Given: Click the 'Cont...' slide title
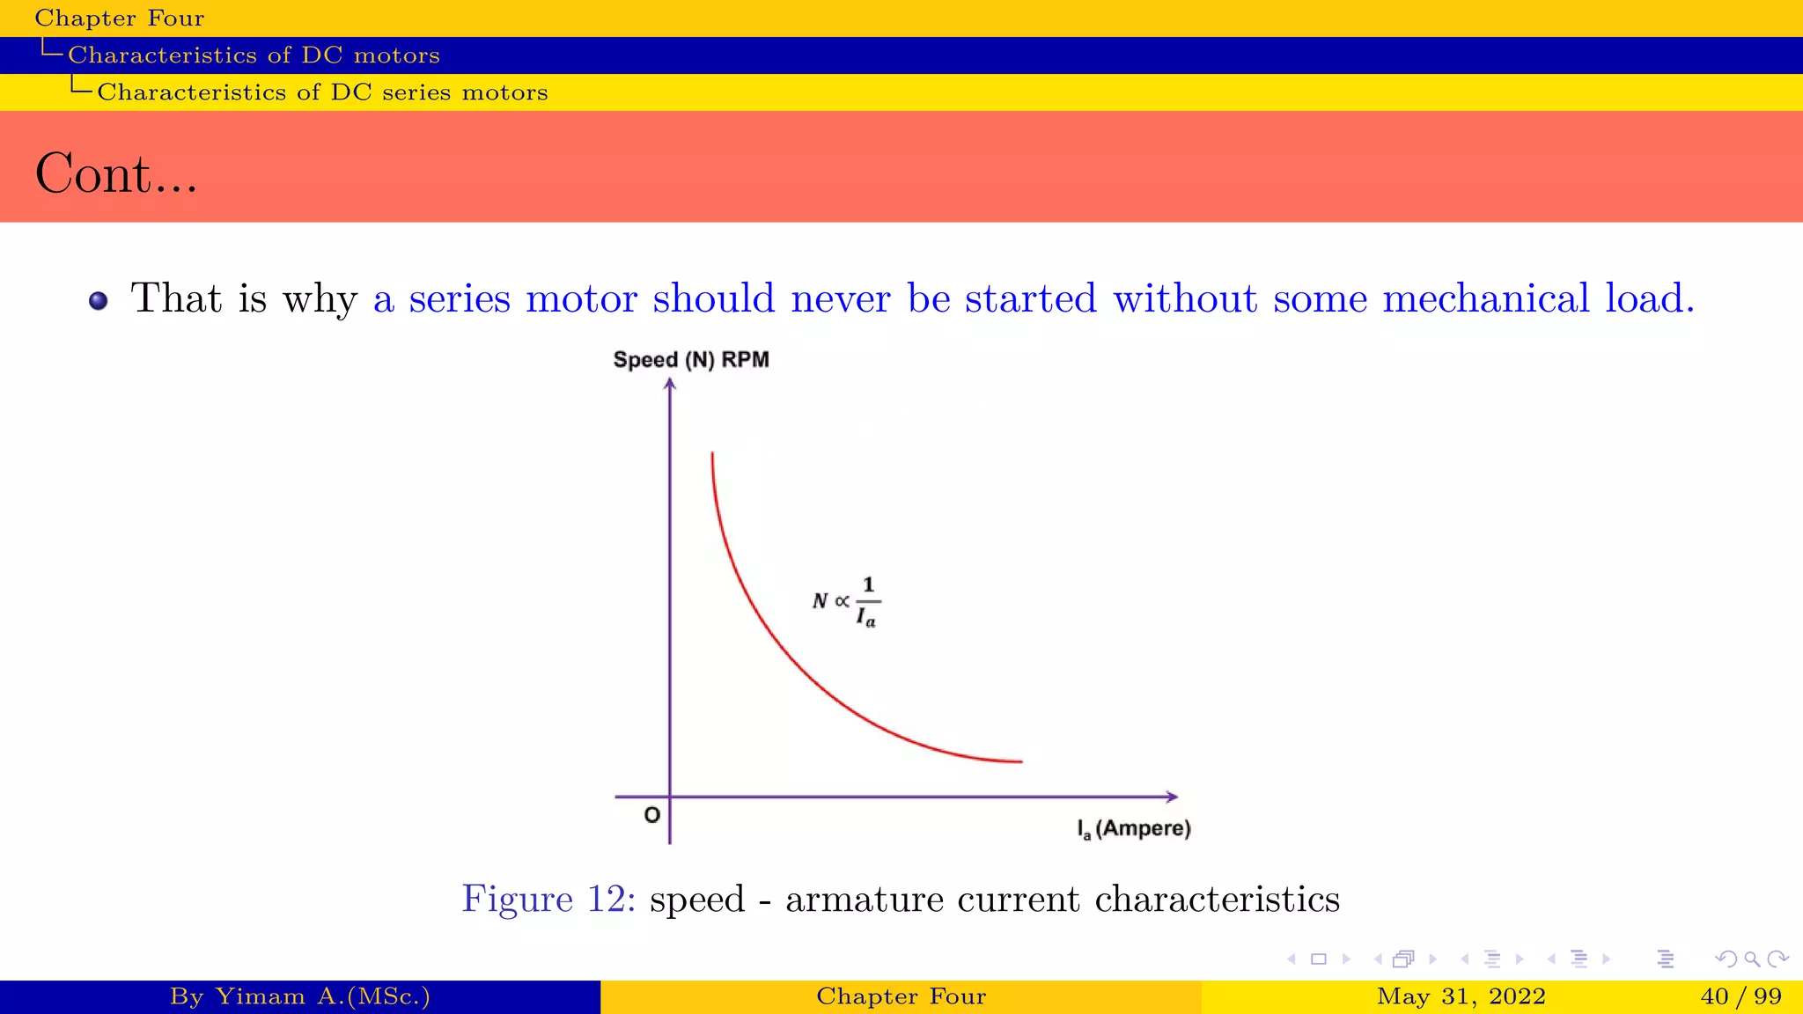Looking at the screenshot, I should [x=116, y=173].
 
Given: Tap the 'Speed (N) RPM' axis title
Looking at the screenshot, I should [x=691, y=360].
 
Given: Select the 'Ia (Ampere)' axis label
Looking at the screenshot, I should [x=1134, y=829].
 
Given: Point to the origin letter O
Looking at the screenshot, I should [x=651, y=815].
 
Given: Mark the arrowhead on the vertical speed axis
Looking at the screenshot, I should [x=670, y=384].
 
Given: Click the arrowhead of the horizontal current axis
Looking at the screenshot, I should [x=1172, y=797].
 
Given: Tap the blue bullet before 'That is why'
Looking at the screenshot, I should [x=99, y=301].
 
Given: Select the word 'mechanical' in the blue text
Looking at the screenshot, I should [x=1486, y=298].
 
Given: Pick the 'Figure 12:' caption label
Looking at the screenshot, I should [x=548, y=899].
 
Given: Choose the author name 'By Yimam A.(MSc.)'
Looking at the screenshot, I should [x=299, y=996].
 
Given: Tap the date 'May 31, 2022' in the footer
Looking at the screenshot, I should [x=1461, y=996].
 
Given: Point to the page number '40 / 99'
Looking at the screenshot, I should [x=1741, y=996].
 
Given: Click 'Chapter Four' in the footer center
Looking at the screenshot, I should [x=901, y=996].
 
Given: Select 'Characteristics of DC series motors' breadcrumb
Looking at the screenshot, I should [x=322, y=92].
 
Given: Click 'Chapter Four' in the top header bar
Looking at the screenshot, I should [x=119, y=18].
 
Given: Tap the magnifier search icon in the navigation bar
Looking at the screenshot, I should [x=1752, y=959].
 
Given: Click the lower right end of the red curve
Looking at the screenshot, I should [x=1019, y=761].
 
